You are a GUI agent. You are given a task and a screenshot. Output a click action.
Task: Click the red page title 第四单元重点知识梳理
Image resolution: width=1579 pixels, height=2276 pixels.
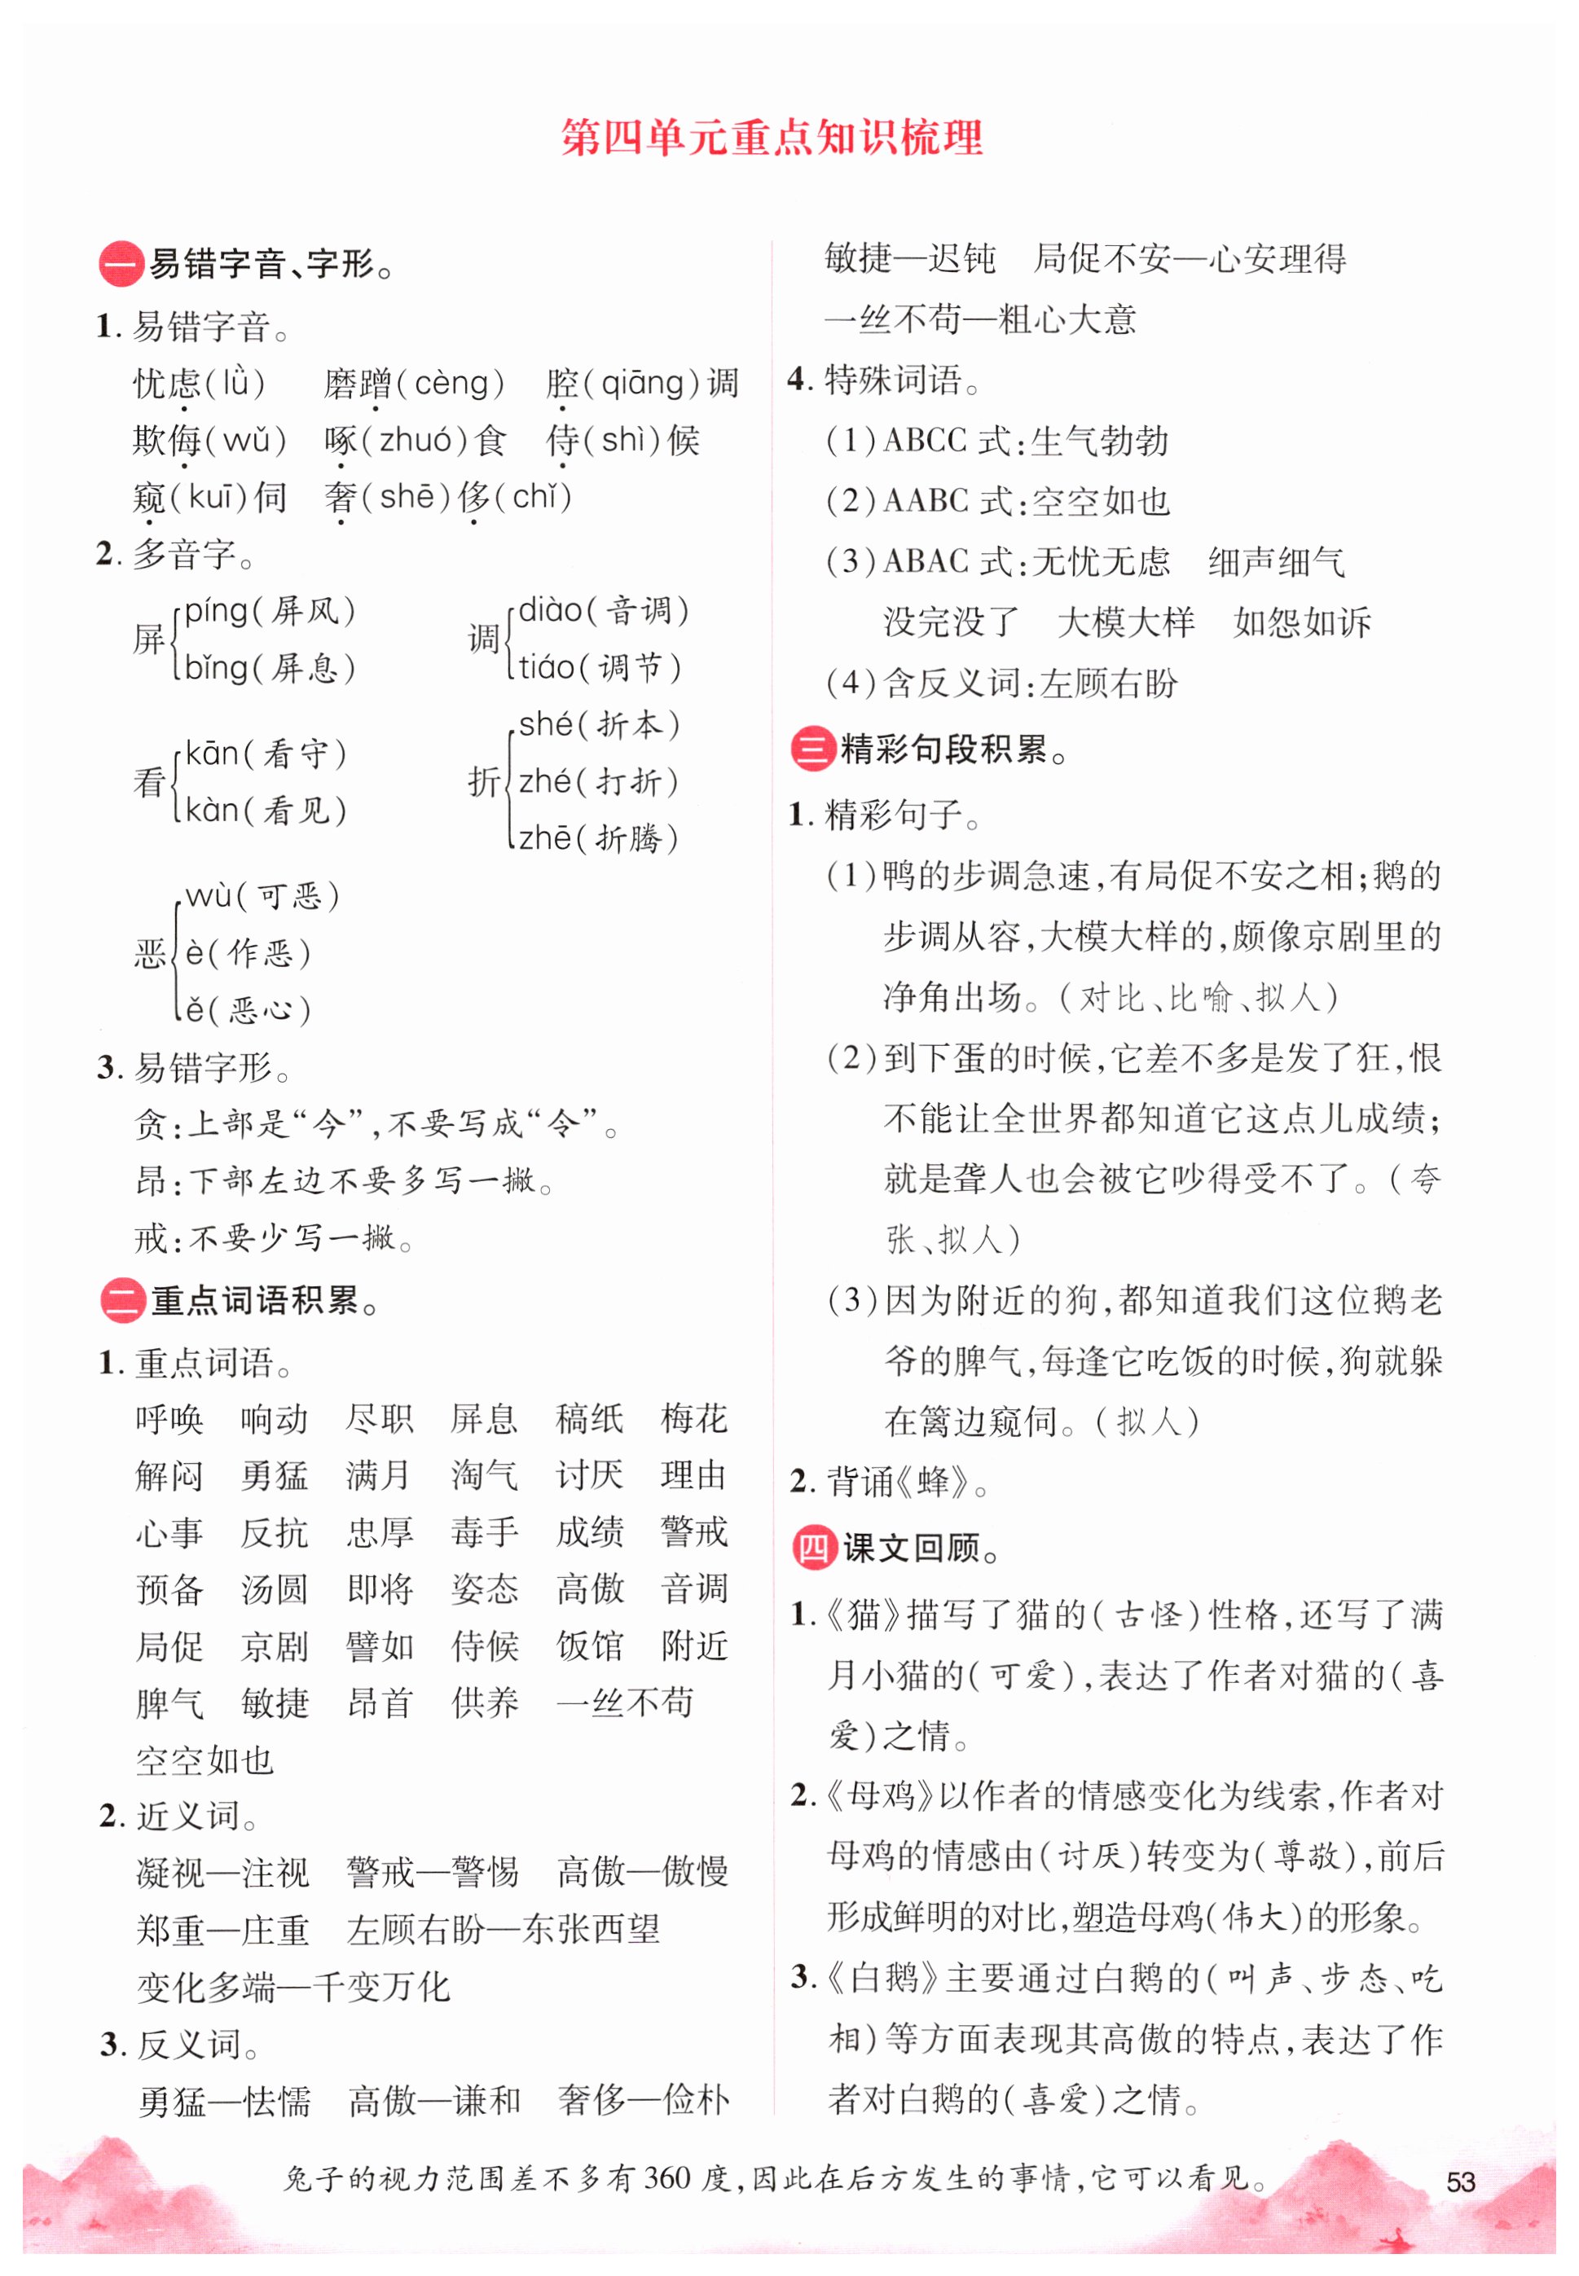point(772,138)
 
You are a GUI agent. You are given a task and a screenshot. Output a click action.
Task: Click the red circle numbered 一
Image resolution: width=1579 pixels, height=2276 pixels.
point(121,264)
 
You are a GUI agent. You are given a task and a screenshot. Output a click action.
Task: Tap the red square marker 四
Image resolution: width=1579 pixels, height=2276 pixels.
point(814,1548)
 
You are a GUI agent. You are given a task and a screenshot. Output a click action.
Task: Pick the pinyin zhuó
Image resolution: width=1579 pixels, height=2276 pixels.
point(416,439)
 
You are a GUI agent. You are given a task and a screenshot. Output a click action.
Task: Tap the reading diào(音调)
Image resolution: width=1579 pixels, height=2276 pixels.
point(603,610)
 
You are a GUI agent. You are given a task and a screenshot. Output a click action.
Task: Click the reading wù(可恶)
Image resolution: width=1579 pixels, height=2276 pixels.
point(262,896)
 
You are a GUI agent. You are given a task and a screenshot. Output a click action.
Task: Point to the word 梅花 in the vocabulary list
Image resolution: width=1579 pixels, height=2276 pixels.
point(693,1418)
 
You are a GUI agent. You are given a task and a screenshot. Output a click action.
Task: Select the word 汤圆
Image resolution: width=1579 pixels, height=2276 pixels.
point(274,1588)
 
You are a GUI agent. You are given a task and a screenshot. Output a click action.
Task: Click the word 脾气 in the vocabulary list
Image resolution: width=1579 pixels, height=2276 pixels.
point(169,1703)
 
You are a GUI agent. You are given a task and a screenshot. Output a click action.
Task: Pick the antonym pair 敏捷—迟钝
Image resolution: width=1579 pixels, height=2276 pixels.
point(909,259)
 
